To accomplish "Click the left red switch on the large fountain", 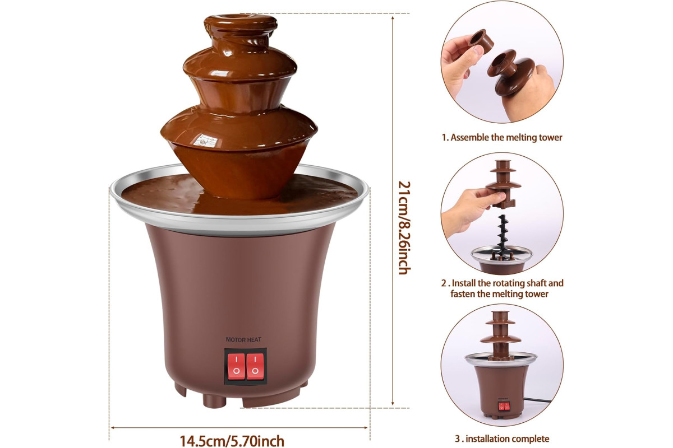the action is point(236,366).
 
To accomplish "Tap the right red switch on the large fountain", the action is point(255,366).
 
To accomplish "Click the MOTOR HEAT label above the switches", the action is point(243,340).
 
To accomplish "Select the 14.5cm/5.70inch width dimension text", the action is point(232,441).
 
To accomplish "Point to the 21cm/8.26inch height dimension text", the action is point(404,227).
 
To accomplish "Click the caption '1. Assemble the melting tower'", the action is point(502,137).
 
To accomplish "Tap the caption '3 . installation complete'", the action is point(502,438).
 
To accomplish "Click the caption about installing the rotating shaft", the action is point(502,288).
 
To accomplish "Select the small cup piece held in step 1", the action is point(481,40).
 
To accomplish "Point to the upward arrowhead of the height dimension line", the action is point(393,18).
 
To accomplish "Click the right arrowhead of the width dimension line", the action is point(365,428).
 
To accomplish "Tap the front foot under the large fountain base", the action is point(214,400).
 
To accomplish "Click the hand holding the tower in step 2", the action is point(472,210).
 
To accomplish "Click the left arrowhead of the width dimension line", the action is point(114,428).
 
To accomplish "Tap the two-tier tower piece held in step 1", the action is point(511,73).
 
